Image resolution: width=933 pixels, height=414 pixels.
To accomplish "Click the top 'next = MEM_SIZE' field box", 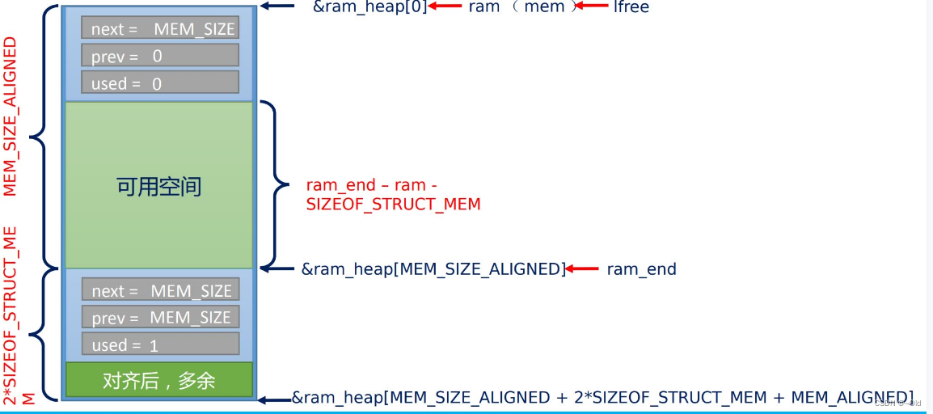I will (160, 28).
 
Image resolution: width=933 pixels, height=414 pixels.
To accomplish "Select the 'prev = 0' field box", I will (160, 56).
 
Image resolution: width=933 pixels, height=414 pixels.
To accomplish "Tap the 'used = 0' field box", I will (160, 83).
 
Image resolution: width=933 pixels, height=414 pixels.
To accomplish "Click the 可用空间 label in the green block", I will (158, 187).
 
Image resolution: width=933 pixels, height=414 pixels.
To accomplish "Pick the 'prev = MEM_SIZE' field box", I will (160, 318).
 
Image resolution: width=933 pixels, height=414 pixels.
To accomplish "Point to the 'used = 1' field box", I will (160, 344).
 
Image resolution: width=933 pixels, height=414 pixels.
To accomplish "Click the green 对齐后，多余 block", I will (158, 379).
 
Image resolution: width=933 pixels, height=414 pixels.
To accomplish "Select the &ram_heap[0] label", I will (369, 7).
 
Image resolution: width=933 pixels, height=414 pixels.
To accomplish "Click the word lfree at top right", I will (631, 7).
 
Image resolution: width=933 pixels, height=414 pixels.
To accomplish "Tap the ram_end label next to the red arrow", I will (641, 269).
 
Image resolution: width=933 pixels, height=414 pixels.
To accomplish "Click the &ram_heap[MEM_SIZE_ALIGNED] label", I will (433, 269).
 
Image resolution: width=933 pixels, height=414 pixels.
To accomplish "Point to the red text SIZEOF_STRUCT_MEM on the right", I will (393, 205).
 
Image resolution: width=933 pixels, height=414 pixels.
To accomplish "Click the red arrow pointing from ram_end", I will (583, 269).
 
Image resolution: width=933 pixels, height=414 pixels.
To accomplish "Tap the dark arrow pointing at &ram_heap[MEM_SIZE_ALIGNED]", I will (278, 268).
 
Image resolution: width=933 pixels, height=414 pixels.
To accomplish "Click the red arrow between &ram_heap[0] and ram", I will (445, 6).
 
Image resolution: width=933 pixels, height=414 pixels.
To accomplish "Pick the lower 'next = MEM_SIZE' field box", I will (160, 290).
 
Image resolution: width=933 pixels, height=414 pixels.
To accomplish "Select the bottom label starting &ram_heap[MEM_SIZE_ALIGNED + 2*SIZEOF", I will (602, 397).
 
